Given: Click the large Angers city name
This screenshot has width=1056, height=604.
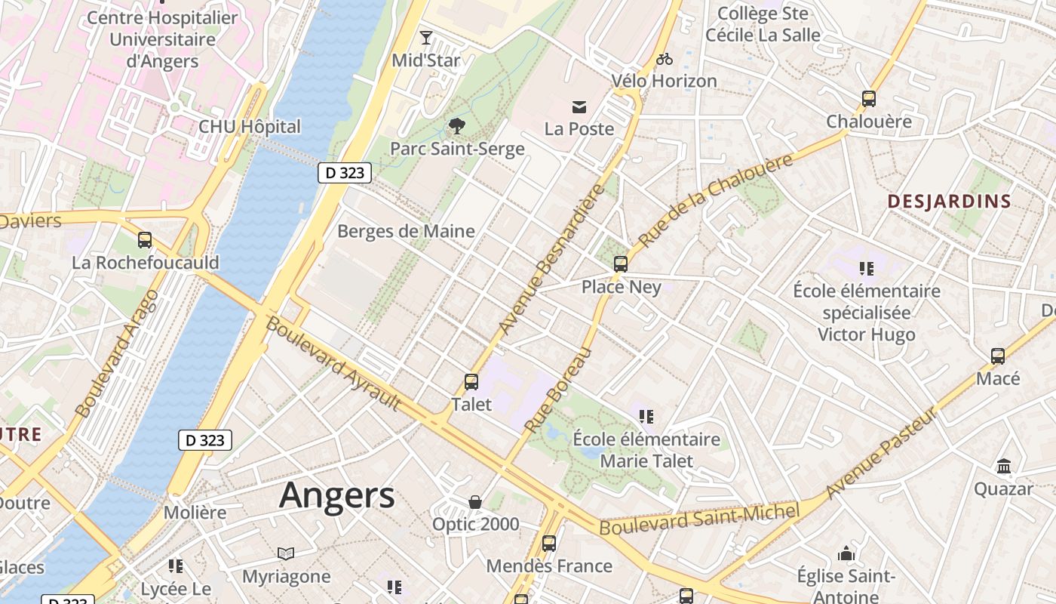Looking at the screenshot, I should tap(336, 496).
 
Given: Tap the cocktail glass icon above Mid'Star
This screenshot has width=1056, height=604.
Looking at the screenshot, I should tap(426, 37).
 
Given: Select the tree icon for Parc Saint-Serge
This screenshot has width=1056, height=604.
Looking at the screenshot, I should tap(456, 125).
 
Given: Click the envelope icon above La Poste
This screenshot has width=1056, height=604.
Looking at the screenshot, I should tap(579, 107).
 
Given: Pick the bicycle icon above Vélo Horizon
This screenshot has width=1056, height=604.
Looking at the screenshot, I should tap(664, 59).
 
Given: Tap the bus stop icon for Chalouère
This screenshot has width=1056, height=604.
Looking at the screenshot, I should tap(868, 99).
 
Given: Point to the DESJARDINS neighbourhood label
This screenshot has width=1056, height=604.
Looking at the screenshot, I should tap(949, 202).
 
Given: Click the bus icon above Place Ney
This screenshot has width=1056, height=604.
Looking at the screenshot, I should tap(621, 264).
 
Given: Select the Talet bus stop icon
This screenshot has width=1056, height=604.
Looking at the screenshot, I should tap(471, 382).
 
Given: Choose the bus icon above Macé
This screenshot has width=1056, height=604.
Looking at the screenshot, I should tap(998, 356).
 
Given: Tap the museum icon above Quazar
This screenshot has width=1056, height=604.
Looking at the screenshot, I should tap(1003, 467).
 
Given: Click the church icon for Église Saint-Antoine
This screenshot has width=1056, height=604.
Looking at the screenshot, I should tap(846, 554).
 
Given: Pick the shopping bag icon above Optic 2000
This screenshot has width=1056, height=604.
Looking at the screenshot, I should tap(475, 502).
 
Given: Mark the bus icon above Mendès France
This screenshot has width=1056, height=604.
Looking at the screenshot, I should tap(549, 544).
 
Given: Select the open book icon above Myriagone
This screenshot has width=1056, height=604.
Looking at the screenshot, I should tap(286, 554).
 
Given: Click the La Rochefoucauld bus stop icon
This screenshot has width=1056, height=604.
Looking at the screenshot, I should tap(145, 240).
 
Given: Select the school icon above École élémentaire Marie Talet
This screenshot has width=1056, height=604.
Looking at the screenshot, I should tap(646, 417).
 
